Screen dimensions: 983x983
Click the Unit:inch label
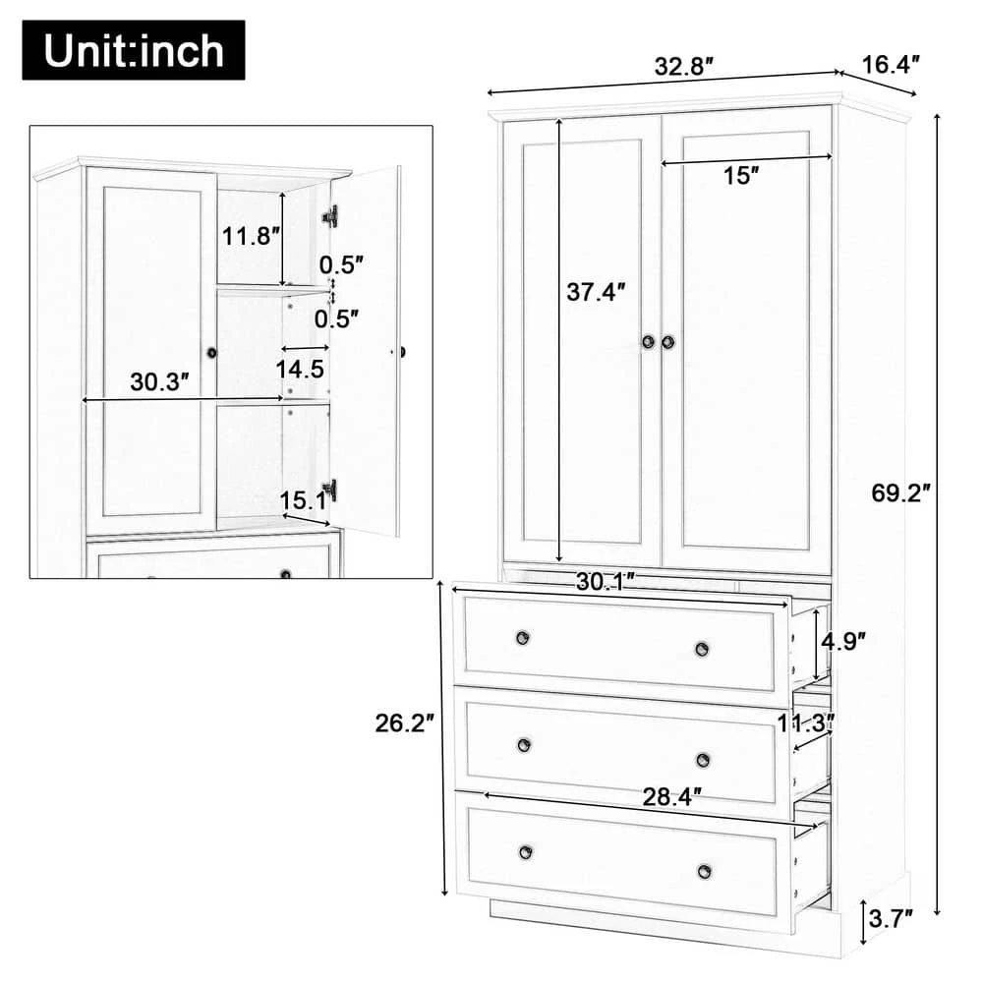click(x=133, y=50)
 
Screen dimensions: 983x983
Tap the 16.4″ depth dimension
click(x=891, y=66)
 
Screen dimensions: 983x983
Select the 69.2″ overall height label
click(x=900, y=493)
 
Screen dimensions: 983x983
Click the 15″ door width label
click(x=741, y=176)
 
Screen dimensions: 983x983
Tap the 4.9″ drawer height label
click(x=842, y=642)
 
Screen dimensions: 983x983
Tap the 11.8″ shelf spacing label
click(x=245, y=237)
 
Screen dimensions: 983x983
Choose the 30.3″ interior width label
click(x=159, y=383)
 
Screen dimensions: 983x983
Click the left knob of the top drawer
click(x=522, y=638)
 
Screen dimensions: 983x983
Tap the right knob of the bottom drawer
click(x=704, y=871)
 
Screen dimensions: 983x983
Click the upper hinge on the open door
click(x=330, y=215)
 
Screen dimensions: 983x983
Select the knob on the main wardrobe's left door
click(x=649, y=341)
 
